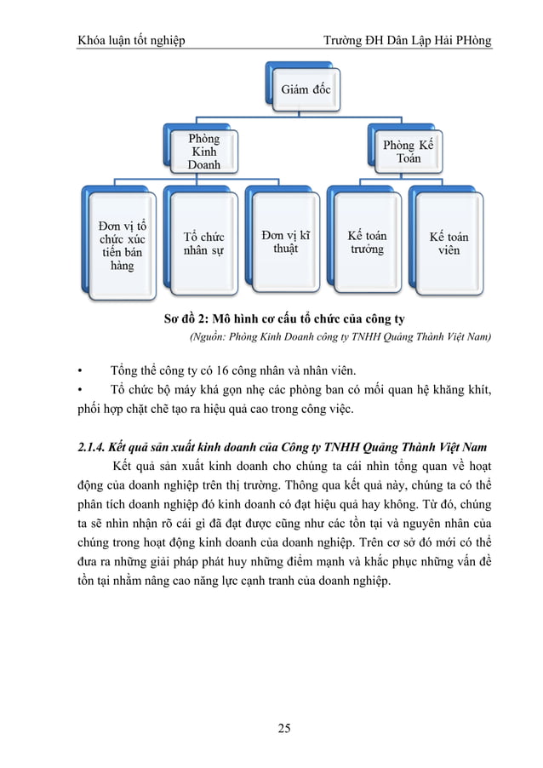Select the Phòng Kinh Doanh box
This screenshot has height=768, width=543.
203,151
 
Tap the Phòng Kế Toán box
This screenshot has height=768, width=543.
407,152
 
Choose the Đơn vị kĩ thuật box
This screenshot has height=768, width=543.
284,241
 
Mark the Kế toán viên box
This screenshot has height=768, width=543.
449,243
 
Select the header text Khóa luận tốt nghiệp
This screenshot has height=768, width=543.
132,41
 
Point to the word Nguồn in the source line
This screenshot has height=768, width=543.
209,337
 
